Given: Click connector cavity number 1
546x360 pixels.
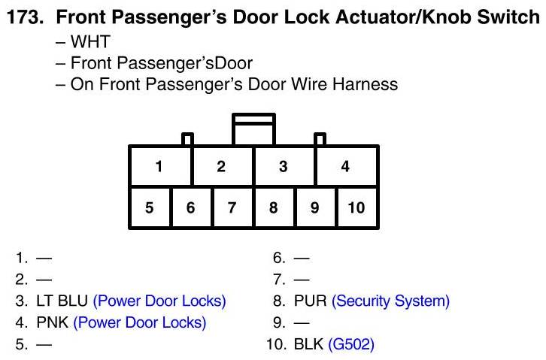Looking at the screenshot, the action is (x=160, y=166).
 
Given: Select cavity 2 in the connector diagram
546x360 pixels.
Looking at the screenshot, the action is (x=222, y=166).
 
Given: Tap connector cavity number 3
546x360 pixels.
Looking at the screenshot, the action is (x=284, y=166).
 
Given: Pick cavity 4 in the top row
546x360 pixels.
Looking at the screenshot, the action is (x=346, y=166).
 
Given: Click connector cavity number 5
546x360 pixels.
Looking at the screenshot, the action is (x=150, y=207).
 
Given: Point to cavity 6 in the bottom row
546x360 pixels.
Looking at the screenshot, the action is (x=191, y=207).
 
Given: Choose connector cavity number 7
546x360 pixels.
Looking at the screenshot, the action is (x=232, y=207).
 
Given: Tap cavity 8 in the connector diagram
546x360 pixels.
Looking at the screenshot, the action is (x=274, y=207).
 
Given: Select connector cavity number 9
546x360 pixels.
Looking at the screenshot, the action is (x=315, y=207).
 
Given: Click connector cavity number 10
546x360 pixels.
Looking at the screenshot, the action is (x=356, y=207).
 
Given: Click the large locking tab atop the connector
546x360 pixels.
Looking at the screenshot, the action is (x=254, y=129).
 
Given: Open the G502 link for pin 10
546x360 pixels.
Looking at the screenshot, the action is (x=351, y=345).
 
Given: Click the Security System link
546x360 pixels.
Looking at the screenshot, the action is (x=390, y=301).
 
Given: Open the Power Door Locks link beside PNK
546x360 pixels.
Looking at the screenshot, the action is (x=140, y=323).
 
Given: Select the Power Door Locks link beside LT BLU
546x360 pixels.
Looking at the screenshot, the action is (x=159, y=301).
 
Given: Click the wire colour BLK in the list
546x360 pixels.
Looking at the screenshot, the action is (x=308, y=345).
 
